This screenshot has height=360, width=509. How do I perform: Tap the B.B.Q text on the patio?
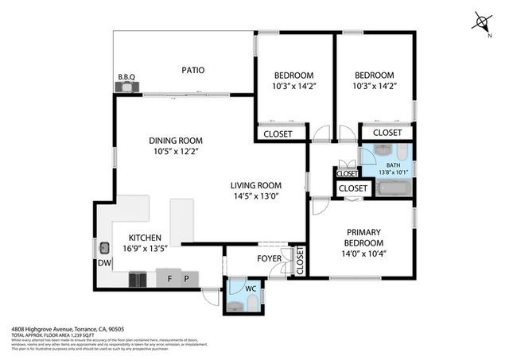pos(126,77)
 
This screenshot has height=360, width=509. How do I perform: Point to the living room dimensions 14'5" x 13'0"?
pos(256,195)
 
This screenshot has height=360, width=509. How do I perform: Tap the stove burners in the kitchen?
pos(138,279)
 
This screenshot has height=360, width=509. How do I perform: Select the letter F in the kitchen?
pos(169,279)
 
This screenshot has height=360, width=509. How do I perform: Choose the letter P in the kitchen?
pos(187,279)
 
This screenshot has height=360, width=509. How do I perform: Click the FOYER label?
pos(268,258)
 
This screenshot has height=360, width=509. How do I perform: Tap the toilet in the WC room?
pos(251,304)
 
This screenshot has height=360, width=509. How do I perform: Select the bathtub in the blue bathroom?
pos(393,188)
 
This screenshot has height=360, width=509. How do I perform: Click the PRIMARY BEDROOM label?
pos(363,237)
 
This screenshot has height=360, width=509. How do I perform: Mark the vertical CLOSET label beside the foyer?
pos(300,261)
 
